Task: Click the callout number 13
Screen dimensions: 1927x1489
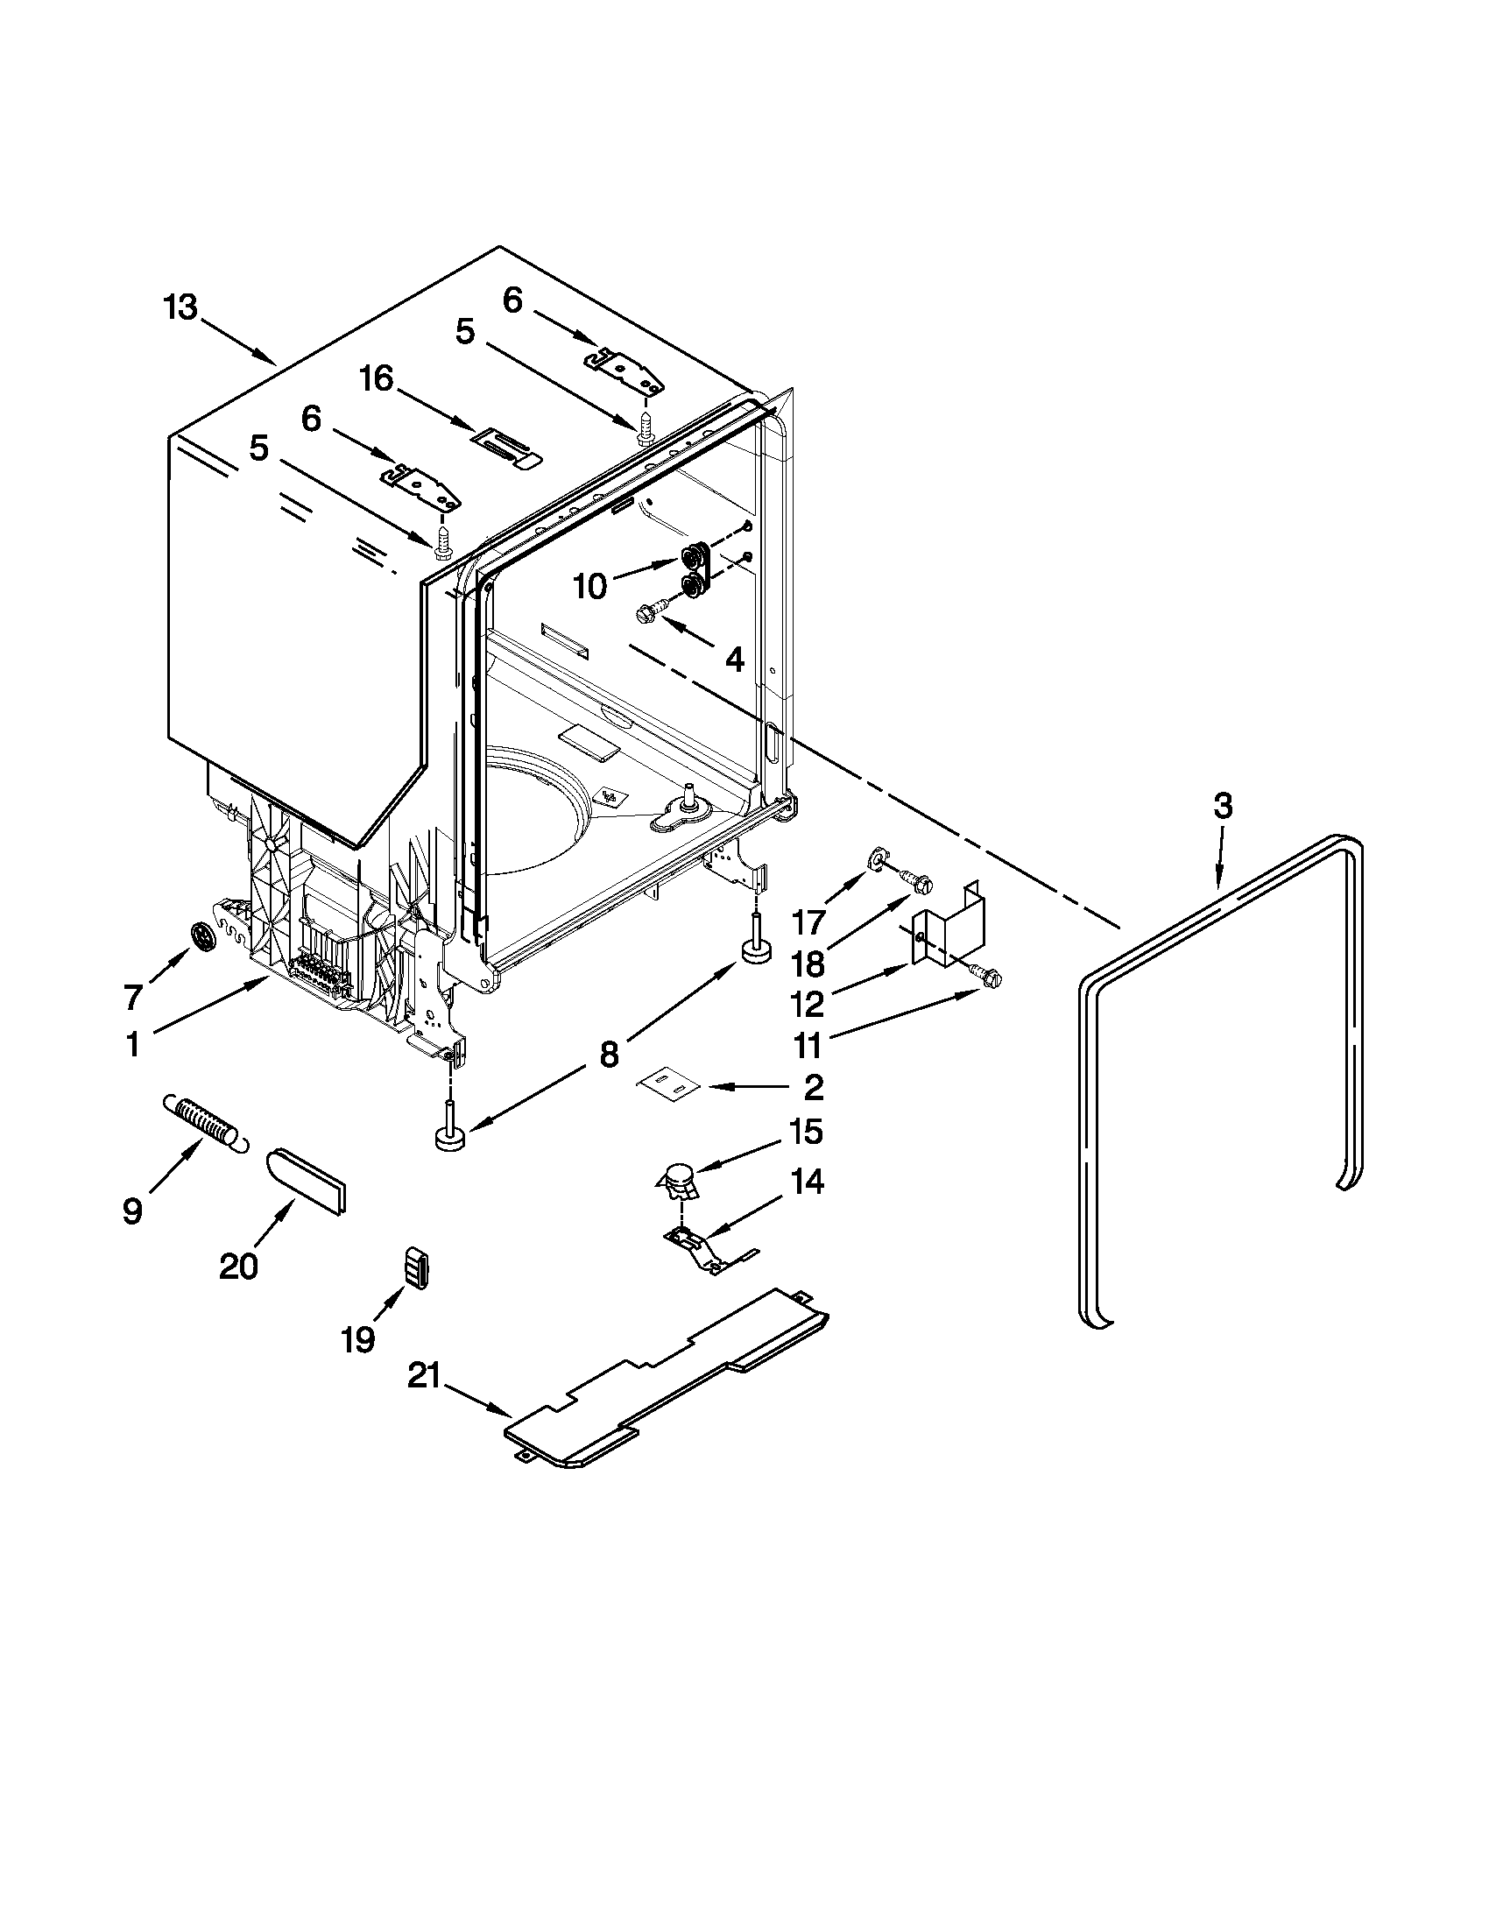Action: [180, 309]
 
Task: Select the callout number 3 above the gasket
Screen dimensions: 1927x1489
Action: [1222, 806]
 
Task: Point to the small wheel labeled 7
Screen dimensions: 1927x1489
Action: [205, 935]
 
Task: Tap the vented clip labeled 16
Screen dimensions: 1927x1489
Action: [509, 446]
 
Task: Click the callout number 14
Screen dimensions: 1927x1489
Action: [808, 1181]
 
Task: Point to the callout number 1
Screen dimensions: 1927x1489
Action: [132, 1045]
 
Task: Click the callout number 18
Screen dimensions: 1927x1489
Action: [809, 963]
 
